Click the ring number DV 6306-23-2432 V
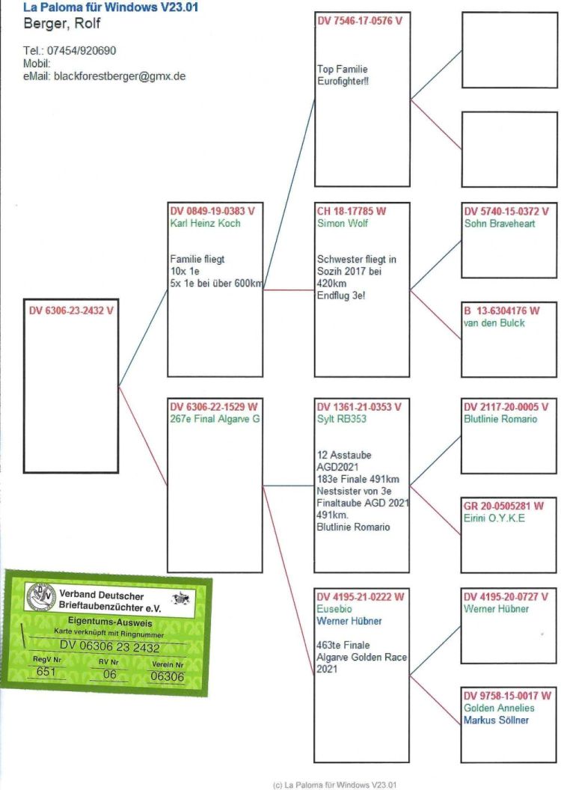tap(71, 310)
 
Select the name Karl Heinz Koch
tap(205, 223)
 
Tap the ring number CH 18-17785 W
tap(351, 211)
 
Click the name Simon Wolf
tap(343, 223)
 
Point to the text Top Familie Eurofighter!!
tap(343, 75)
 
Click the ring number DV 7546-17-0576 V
tap(360, 21)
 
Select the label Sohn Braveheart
tap(500, 223)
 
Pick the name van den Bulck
tap(494, 323)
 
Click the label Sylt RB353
tap(341, 419)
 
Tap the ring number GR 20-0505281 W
tap(503, 506)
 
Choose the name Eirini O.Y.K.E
tap(494, 518)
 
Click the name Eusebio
tap(334, 609)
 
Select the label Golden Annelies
tap(499, 708)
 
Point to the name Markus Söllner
tap(496, 720)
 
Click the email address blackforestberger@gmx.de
tap(120, 76)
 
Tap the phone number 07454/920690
tap(82, 50)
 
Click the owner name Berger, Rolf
tap(62, 23)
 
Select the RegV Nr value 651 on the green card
tap(46, 672)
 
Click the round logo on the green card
tap(41, 596)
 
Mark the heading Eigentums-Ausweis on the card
tap(110, 622)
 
